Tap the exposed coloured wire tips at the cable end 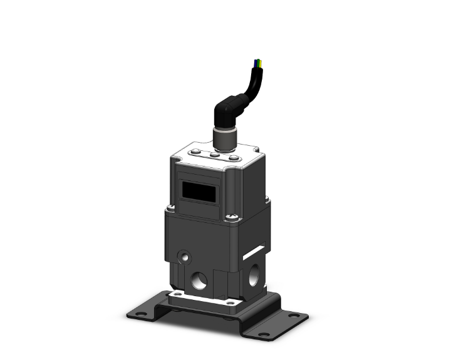258,63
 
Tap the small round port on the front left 184,257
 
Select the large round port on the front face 200,280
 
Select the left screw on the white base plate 177,292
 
